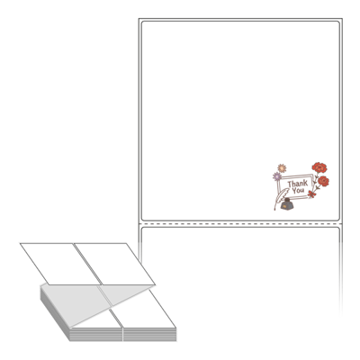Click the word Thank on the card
pos(298,184)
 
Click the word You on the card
pos(298,191)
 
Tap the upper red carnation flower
pos(319,167)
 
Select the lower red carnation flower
pos(323,181)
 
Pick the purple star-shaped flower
pos(277,176)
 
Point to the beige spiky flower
pos(282,168)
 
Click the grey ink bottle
pos(287,204)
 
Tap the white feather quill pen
pos(281,199)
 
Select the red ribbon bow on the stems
pos(311,194)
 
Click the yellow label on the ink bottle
pos(283,206)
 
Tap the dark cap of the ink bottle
pos(287,200)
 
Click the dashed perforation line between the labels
pos(240,224)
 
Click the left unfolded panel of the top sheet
pos(60,264)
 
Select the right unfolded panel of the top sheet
pos(115,264)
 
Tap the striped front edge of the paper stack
pos(123,334)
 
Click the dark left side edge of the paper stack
pos(55,312)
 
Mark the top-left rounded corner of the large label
pos(143,22)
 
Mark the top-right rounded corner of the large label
pos(338,22)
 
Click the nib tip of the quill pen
pos(274,210)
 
